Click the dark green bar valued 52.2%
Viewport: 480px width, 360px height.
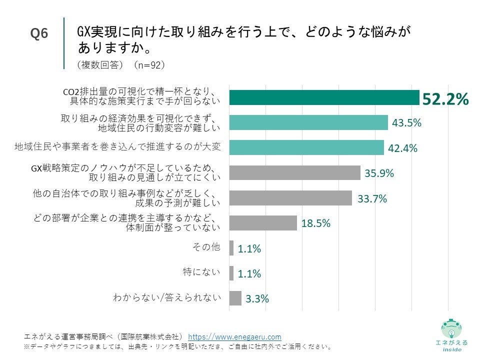(324, 97)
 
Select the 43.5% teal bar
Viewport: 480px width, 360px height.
(308, 122)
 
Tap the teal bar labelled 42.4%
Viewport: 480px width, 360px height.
(306, 147)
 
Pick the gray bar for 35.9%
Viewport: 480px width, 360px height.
(294, 172)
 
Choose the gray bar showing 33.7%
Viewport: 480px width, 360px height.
(290, 198)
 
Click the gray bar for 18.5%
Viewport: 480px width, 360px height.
(263, 223)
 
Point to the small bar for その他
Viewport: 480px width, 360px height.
(231, 248)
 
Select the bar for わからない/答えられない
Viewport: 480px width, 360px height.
(235, 298)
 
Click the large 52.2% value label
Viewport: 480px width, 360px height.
(445, 99)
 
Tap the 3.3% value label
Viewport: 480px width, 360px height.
(257, 299)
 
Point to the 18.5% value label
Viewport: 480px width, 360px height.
(315, 223)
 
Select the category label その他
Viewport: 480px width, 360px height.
(206, 246)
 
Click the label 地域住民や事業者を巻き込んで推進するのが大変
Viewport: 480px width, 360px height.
(117, 147)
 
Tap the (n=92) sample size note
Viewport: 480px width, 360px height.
(149, 64)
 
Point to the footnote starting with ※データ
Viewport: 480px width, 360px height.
(177, 346)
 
